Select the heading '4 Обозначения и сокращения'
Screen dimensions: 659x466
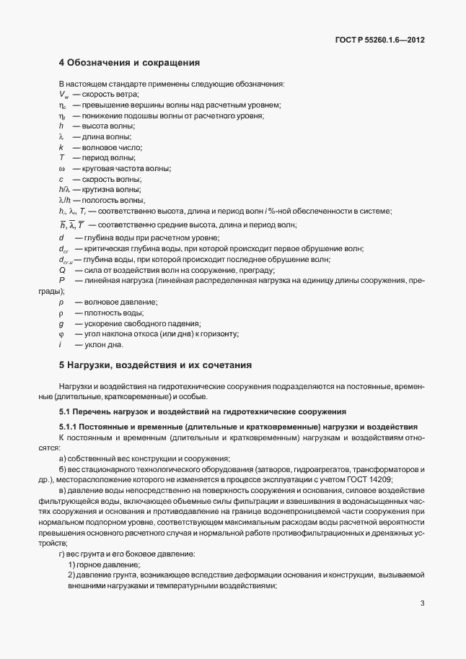coord(129,63)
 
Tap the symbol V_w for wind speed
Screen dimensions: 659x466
coord(63,95)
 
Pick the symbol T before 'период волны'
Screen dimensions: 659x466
coord(62,157)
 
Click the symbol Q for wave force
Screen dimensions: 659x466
coord(62,269)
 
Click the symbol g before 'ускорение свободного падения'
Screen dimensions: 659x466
coord(61,323)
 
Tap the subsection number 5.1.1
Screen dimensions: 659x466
coord(69,427)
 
